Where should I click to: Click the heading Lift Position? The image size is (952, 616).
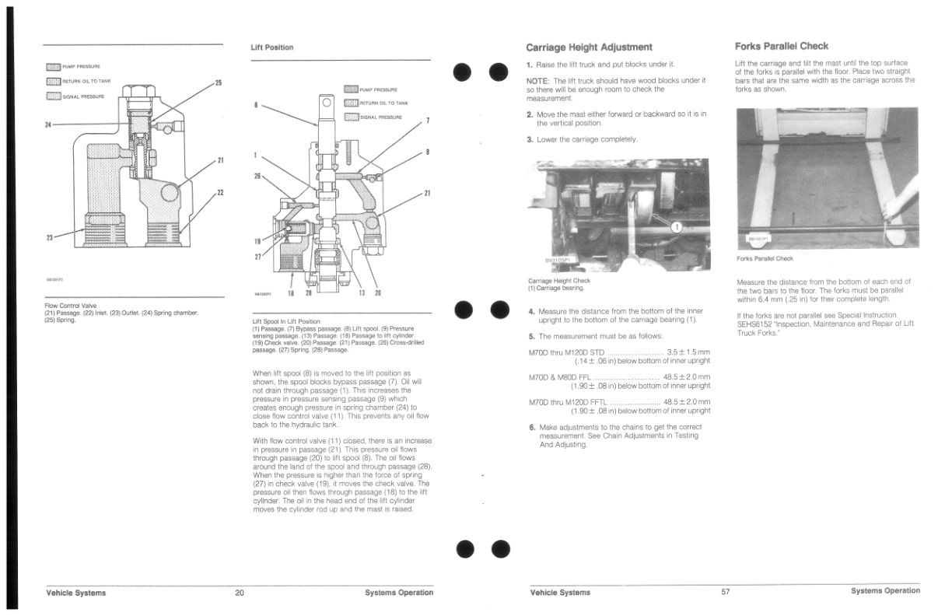click(271, 47)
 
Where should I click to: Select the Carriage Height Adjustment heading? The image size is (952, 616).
click(589, 47)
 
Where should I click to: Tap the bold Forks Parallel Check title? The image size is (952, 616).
click(781, 46)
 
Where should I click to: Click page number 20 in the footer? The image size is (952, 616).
click(240, 593)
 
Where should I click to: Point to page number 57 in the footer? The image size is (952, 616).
click(725, 592)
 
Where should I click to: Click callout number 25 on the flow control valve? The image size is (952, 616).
click(218, 82)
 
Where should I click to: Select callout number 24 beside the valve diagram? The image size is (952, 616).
click(49, 124)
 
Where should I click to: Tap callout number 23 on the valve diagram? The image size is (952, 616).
click(49, 237)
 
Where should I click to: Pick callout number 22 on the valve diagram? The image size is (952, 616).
click(220, 193)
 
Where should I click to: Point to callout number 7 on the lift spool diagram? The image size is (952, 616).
click(427, 121)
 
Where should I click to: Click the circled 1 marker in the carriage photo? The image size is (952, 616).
click(676, 227)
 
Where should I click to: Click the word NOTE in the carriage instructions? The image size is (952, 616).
click(537, 80)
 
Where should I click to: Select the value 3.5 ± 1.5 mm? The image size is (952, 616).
click(688, 352)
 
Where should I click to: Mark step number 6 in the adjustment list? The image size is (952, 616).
click(532, 427)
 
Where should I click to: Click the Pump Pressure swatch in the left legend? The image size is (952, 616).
click(53, 67)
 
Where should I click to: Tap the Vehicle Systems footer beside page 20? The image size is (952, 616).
click(76, 593)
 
